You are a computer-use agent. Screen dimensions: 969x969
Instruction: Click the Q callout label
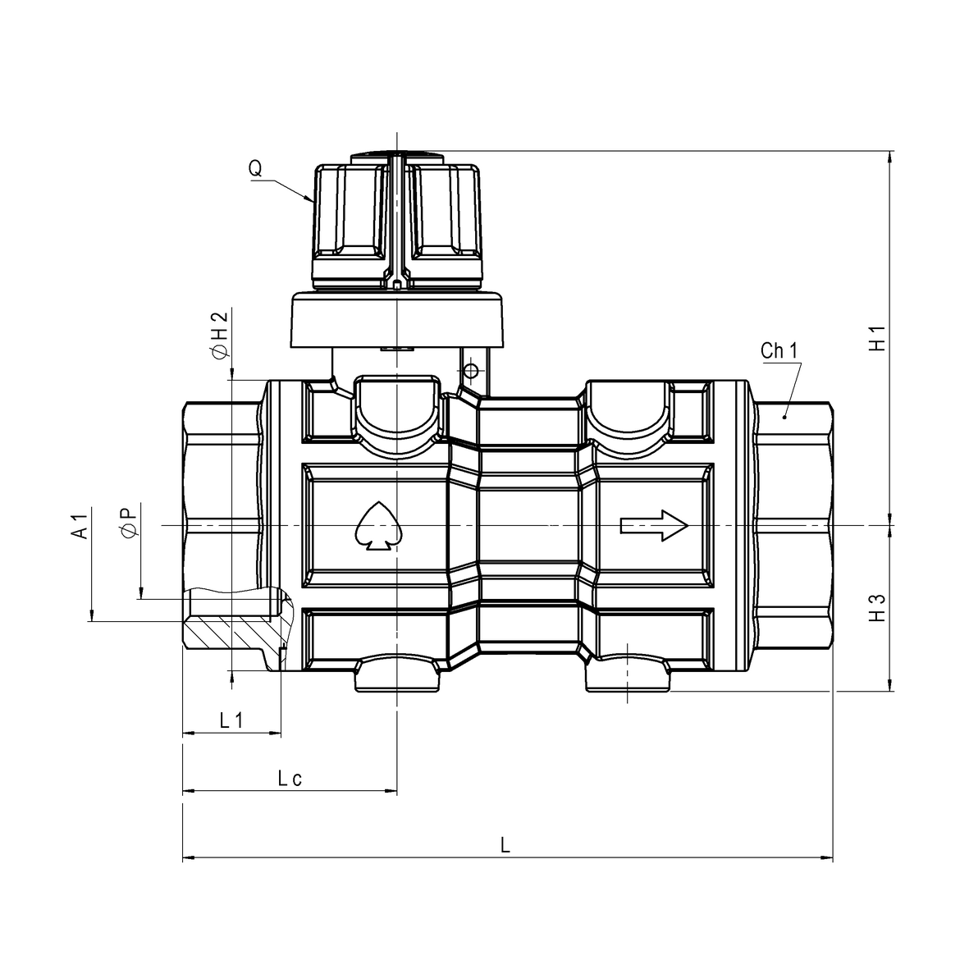click(x=256, y=169)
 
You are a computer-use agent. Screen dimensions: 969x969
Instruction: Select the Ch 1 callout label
click(x=779, y=351)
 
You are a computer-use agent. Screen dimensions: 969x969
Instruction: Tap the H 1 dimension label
click(x=878, y=339)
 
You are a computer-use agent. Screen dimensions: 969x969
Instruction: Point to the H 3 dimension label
click(x=878, y=606)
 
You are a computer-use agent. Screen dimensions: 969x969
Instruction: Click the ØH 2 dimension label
click(x=218, y=336)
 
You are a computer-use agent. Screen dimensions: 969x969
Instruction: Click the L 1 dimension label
click(x=231, y=720)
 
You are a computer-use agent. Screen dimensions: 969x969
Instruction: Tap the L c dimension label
click(x=289, y=779)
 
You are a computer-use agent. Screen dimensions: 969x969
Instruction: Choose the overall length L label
click(x=506, y=845)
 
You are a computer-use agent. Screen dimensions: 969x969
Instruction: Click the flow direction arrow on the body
click(x=653, y=525)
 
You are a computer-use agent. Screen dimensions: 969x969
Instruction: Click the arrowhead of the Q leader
click(x=311, y=199)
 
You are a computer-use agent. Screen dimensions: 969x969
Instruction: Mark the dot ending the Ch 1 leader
click(x=784, y=417)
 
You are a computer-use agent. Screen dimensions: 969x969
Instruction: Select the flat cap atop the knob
click(x=396, y=155)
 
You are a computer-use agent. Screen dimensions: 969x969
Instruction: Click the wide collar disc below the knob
click(x=396, y=322)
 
